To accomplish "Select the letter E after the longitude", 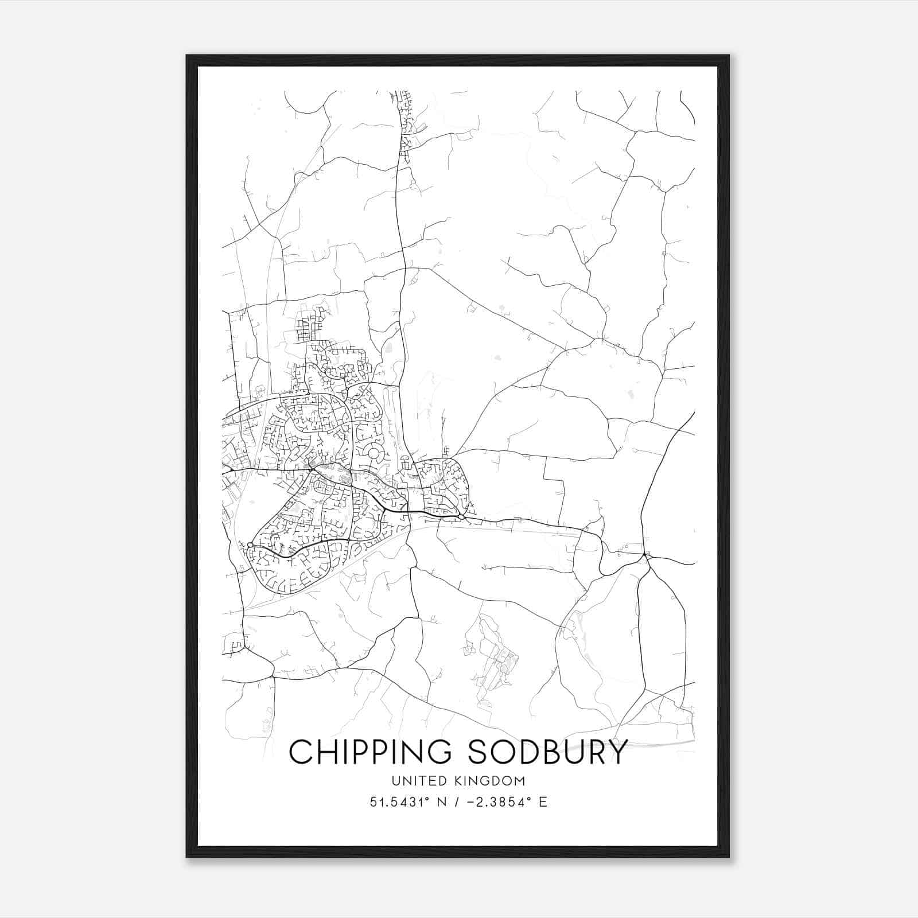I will pyautogui.click(x=543, y=802).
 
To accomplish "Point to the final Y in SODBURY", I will pyautogui.click(x=617, y=752).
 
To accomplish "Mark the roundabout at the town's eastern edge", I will pyautogui.click(x=461, y=518).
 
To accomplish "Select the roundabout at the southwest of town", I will pyautogui.click(x=251, y=544).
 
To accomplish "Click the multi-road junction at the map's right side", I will pyautogui.click(x=647, y=555).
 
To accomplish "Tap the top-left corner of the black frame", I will pyautogui.click(x=187, y=56).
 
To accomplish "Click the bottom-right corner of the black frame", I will pyautogui.click(x=729, y=857).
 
